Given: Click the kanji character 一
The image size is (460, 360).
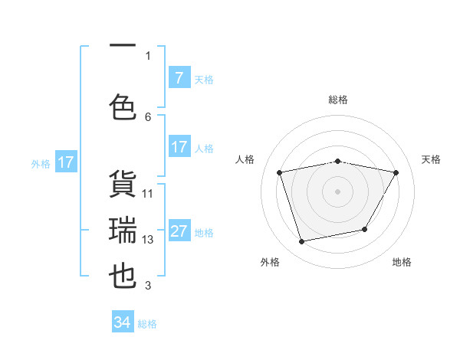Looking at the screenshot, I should click(123, 47).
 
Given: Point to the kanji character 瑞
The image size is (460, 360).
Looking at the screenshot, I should click(123, 230).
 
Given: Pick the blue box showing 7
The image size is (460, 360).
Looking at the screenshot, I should click(179, 78).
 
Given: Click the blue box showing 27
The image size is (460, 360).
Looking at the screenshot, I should click(179, 231).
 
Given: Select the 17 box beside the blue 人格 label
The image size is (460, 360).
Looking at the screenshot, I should click(179, 147).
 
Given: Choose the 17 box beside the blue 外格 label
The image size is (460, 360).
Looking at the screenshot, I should click(66, 162).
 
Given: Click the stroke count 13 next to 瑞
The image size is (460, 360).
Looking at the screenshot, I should click(148, 240).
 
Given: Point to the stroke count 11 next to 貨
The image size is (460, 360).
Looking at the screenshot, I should click(148, 194).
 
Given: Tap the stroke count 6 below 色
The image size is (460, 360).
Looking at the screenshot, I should click(148, 116).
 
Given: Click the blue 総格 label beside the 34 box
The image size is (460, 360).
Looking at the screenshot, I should click(147, 324).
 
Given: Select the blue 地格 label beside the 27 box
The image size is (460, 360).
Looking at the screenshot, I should click(204, 232).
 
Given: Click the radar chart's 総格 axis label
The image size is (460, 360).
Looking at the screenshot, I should click(338, 100).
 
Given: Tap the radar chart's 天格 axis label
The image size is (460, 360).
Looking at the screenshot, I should click(431, 159).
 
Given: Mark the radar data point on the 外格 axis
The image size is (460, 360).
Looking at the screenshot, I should click(302, 242).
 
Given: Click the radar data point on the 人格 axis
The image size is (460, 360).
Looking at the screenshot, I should click(280, 173).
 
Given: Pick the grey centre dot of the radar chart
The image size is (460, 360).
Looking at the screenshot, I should click(338, 191).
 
